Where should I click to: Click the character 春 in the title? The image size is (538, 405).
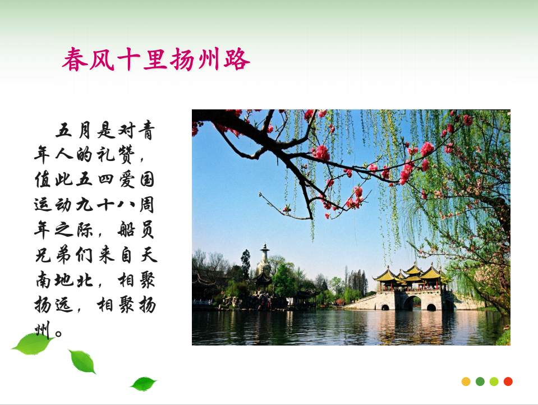pos(75,59)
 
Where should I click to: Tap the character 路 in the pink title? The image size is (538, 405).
pos(237,59)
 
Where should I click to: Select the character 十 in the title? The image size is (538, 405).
pos(128,59)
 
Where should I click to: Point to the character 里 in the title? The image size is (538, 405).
pos(155,59)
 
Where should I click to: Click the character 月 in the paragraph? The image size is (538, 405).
pos(85,130)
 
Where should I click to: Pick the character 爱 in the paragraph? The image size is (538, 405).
pos(127,180)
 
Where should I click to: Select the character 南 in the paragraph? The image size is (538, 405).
pos(43,280)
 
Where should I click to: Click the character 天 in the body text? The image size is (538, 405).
pos(148,255)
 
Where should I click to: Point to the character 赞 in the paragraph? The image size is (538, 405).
pos(127,155)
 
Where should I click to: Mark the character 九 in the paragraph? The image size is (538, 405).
pos(85,205)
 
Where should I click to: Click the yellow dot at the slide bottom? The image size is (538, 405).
pos(466,381)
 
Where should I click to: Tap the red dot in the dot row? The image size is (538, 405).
pos(508,381)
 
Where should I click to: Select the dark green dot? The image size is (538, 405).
pos(480,381)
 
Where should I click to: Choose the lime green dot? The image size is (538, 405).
pos(494,381)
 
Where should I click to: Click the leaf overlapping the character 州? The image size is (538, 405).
pos(33,344)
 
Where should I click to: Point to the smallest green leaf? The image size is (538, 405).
pos(144,384)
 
